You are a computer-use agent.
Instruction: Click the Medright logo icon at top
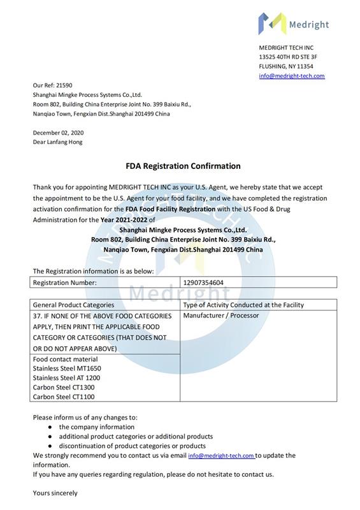point(270,24)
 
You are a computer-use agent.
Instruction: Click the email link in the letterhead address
point(291,76)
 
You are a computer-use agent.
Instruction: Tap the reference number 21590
point(64,85)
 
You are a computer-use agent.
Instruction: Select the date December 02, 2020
point(58,133)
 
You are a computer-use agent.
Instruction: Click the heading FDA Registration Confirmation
point(183,166)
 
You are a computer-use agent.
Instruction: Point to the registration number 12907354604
point(203,282)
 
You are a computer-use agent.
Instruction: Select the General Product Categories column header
point(73,305)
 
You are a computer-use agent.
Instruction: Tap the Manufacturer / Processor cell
point(220,316)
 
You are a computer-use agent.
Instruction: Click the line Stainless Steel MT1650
point(67,368)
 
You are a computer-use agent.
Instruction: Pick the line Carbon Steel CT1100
point(63,397)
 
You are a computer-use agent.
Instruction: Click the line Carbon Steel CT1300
point(63,387)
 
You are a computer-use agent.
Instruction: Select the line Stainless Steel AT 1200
point(66,377)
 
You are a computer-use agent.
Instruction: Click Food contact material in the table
point(66,359)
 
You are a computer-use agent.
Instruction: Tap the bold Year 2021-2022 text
point(124,219)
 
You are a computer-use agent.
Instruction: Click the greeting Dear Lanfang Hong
point(57,142)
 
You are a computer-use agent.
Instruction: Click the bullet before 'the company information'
point(50,426)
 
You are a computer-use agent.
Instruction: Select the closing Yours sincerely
point(55,493)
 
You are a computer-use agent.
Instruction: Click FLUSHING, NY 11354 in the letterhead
point(285,66)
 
